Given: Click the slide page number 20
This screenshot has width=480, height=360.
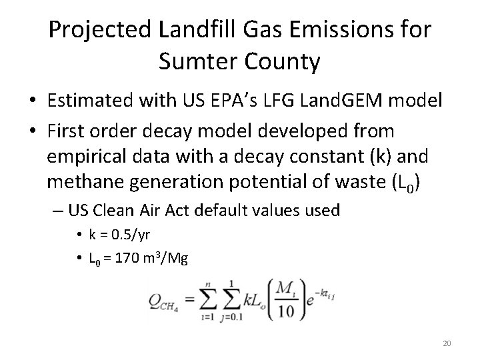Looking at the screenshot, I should coord(447,343).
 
